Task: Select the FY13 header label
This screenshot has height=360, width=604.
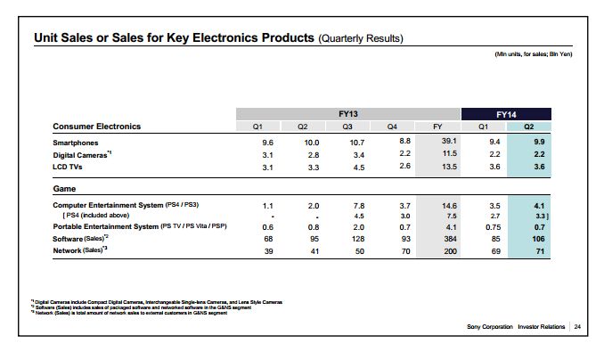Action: point(347,113)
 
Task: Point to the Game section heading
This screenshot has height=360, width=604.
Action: point(64,189)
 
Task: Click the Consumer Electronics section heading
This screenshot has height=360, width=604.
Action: point(96,127)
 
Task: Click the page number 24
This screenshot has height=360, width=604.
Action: point(576,328)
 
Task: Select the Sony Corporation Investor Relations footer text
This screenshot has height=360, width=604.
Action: point(516,328)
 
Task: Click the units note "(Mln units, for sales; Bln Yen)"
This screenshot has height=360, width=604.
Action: point(533,55)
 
